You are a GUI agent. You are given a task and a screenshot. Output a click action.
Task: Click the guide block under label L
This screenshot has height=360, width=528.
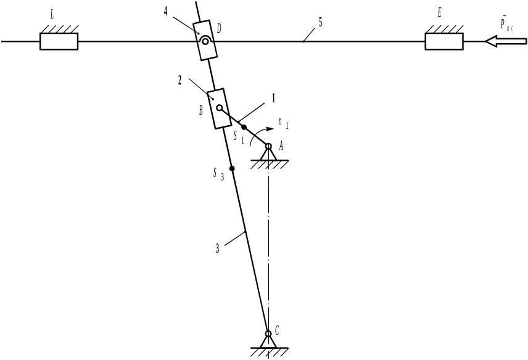click(x=59, y=41)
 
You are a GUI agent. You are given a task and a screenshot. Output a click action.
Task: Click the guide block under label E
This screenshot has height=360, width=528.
click(x=444, y=41)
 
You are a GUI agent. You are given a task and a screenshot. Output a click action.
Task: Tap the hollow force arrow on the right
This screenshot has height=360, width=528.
click(x=505, y=41)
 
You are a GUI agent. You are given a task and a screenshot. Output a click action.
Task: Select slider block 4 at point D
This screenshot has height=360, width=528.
click(x=204, y=40)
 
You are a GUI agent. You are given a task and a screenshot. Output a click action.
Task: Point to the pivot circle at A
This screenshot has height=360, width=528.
click(x=268, y=146)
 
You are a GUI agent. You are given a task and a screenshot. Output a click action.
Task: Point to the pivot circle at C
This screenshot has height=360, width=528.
click(x=268, y=333)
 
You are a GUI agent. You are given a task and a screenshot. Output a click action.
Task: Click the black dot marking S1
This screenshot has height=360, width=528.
click(x=244, y=127)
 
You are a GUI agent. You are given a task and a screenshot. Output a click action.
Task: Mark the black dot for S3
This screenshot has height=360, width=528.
click(x=232, y=168)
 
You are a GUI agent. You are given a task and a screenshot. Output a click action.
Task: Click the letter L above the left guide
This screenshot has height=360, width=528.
click(x=52, y=16)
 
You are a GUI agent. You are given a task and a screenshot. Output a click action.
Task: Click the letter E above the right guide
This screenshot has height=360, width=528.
click(x=439, y=14)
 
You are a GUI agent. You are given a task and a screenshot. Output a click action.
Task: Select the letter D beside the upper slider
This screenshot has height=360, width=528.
click(x=219, y=29)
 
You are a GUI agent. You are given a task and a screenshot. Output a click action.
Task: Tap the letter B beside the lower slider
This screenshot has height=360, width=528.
click(x=201, y=111)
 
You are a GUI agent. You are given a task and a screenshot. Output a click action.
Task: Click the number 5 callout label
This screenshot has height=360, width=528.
click(x=320, y=23)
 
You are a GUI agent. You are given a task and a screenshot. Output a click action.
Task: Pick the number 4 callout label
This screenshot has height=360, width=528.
click(x=166, y=12)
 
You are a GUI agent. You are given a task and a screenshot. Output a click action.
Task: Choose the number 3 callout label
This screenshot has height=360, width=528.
click(x=217, y=249)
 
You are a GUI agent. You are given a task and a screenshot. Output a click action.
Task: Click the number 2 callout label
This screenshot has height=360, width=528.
click(x=180, y=80)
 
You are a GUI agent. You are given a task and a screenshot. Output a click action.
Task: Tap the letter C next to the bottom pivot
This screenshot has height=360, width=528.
click(x=277, y=331)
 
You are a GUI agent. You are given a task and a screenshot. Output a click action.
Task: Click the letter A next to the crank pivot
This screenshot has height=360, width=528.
click(x=281, y=145)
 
